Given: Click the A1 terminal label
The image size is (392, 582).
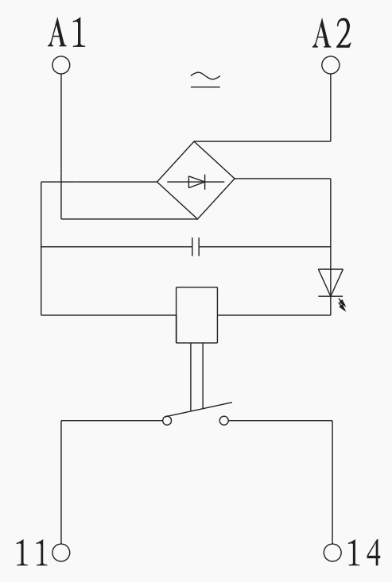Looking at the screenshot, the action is click(67, 33).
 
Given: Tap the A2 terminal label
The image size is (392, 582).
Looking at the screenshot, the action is click(332, 33).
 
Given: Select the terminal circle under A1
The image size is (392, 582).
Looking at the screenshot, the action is click(61, 65).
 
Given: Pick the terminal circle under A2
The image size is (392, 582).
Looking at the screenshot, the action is click(330, 65).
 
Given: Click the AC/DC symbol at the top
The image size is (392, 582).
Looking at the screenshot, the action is click(205, 80).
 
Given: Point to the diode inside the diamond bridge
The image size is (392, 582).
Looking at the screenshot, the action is click(196, 182).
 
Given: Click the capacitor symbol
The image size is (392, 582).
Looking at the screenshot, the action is click(196, 247).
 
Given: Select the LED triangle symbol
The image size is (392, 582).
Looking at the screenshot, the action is click(330, 283).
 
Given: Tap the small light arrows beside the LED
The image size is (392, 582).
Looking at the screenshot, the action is click(342, 305).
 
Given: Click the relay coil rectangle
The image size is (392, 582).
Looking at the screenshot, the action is click(196, 314).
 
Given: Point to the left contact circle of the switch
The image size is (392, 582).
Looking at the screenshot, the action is click(167, 421).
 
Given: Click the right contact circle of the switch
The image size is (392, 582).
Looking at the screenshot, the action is click(224, 421).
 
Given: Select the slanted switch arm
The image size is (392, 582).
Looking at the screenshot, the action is click(199, 410).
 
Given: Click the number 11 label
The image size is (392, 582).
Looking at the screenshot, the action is click(32, 553).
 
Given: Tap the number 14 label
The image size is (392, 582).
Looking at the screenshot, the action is click(364, 553).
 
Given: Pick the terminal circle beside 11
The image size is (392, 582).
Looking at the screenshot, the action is click(61, 553).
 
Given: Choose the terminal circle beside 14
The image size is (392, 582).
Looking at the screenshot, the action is click(332, 553).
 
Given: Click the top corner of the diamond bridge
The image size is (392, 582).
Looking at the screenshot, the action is click(194, 141).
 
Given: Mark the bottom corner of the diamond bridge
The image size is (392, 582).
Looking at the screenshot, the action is click(197, 219).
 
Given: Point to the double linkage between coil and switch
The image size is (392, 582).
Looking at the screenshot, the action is click(197, 376).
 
